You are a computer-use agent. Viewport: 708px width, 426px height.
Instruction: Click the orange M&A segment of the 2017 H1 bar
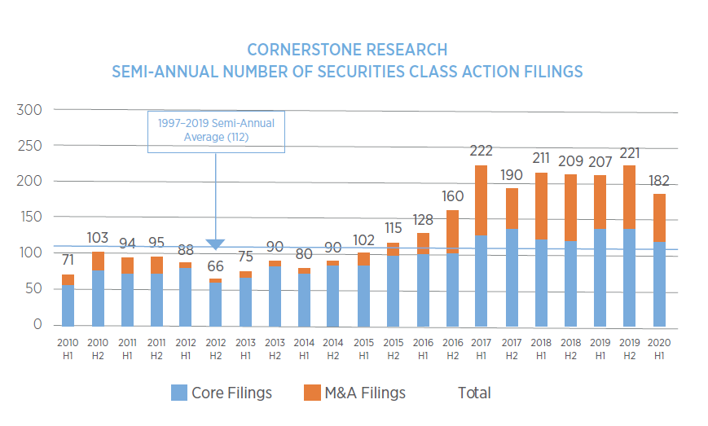[480, 200]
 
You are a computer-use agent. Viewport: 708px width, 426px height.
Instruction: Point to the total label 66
[216, 267]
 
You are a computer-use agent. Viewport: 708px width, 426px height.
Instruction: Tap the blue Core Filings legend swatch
[179, 393]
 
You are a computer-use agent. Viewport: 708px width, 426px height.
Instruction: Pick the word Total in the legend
[474, 393]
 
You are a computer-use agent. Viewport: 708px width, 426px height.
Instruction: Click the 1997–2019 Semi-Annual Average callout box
[216, 130]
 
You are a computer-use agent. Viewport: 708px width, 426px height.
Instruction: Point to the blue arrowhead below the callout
[216, 244]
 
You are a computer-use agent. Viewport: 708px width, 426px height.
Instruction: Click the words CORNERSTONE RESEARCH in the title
[347, 51]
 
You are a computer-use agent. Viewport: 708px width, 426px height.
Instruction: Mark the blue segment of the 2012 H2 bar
[216, 304]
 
